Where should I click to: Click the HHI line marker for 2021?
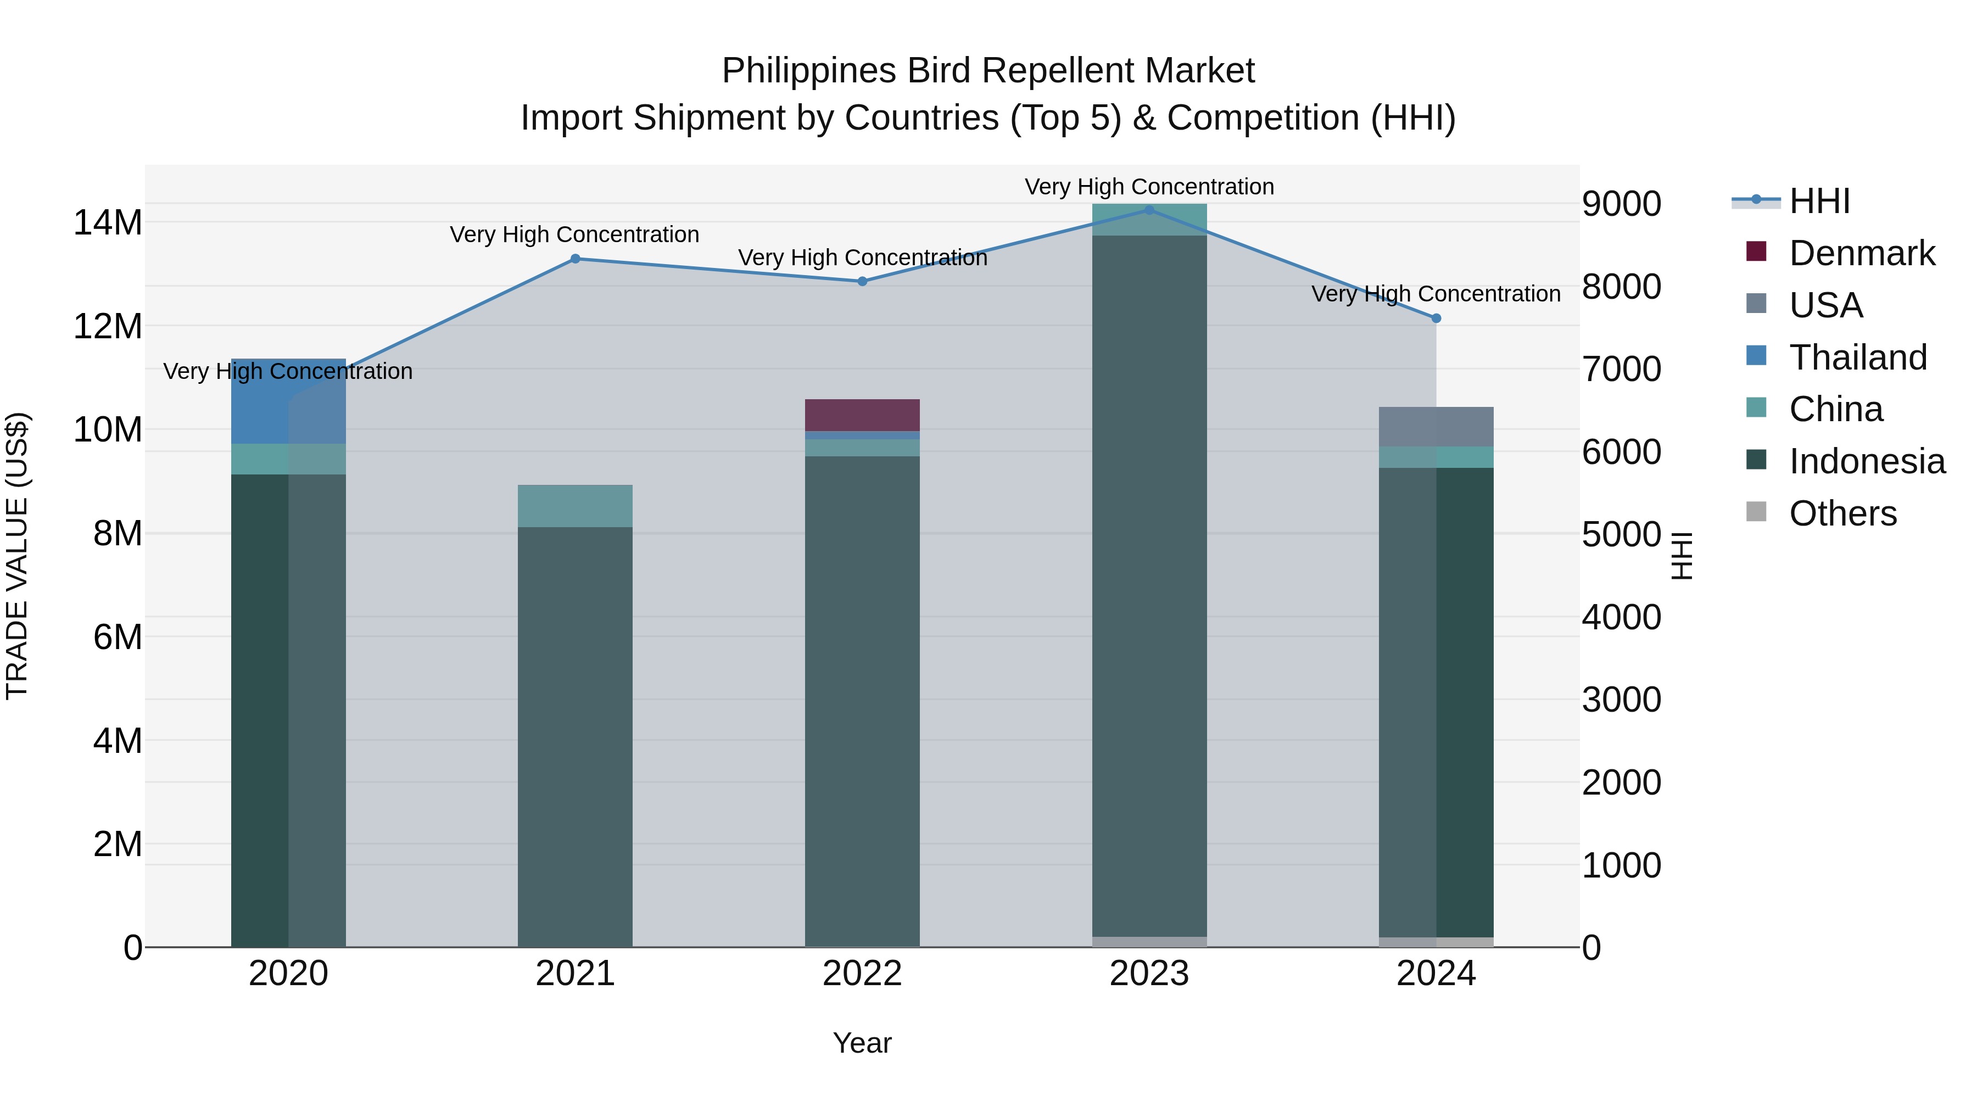click(575, 259)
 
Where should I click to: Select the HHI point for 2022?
click(862, 282)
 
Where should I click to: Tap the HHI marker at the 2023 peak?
click(1149, 210)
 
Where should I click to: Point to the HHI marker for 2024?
click(1436, 318)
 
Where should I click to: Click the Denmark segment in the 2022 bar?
click(862, 415)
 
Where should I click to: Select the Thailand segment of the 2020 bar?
click(288, 401)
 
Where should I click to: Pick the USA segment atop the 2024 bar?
click(1436, 427)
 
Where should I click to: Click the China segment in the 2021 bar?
click(575, 506)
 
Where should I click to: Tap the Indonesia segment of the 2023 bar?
click(1149, 583)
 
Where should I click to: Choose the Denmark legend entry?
click(1861, 253)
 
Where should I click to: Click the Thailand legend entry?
click(1857, 357)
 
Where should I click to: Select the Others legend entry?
click(1842, 513)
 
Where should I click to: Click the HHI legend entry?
click(1819, 201)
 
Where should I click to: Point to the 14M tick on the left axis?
click(108, 222)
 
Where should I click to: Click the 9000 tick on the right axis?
click(1622, 204)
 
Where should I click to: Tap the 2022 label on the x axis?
click(862, 974)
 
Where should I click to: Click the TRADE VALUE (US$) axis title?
click(17, 556)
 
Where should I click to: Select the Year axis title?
click(862, 1043)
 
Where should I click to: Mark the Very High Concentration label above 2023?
click(1149, 187)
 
